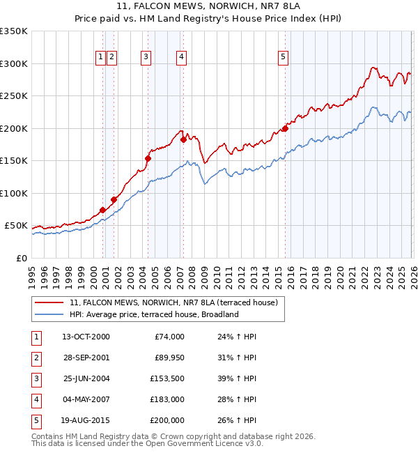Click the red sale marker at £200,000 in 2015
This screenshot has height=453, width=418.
point(285,128)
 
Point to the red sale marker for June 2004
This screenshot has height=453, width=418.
point(148,158)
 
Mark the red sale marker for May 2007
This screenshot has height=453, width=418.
point(183,139)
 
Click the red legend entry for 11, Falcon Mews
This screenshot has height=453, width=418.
point(173,302)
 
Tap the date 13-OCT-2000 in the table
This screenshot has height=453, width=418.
point(86,337)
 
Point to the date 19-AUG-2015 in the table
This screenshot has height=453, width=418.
point(86,420)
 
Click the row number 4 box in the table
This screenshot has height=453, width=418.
point(36,399)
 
